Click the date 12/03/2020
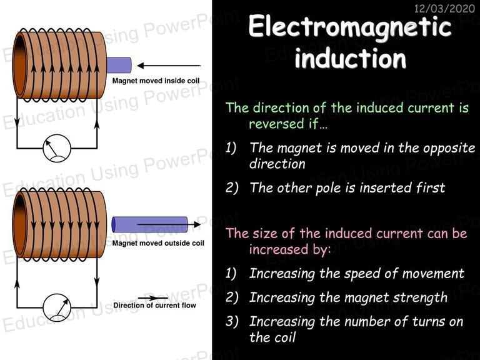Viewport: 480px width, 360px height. click(x=444, y=8)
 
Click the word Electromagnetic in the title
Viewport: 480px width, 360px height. click(x=350, y=27)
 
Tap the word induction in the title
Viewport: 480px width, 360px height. click(x=351, y=58)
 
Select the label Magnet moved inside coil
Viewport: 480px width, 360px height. click(x=156, y=81)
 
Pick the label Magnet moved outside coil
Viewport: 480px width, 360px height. click(x=158, y=243)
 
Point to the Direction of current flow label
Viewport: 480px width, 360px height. click(x=154, y=305)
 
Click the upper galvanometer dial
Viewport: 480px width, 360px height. click(x=57, y=148)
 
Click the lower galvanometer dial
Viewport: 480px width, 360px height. click(x=57, y=307)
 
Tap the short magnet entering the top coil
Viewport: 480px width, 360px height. click(x=119, y=65)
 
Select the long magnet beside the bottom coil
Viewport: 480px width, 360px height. click(x=150, y=224)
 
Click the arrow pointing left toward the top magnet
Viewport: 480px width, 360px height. click(x=169, y=66)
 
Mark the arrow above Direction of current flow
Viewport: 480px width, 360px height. click(x=152, y=298)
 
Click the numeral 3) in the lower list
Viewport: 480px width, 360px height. click(x=232, y=321)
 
